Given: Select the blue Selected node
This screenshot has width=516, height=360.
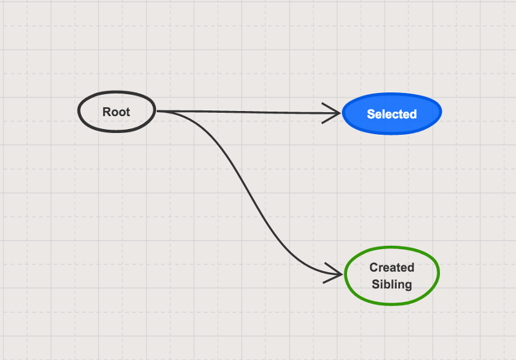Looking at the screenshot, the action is tap(392, 114).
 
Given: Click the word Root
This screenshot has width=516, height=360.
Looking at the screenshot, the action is tap(116, 112).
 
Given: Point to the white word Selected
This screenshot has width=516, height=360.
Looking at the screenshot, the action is tap(392, 114).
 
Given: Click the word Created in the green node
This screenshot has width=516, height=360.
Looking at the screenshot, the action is tap(392, 267).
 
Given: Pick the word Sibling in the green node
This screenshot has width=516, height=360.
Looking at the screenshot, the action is tap(392, 285).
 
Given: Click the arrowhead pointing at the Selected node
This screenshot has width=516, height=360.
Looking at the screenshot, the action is tap(332, 113).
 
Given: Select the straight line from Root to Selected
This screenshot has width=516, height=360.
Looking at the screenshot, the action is tap(248, 112).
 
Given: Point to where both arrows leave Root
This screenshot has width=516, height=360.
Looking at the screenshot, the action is tap(157, 111).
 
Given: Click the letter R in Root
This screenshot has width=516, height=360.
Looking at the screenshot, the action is tap(106, 112).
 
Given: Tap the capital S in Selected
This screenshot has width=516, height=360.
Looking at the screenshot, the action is tap(371, 114).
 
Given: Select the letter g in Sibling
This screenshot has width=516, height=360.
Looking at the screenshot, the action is tap(408, 286).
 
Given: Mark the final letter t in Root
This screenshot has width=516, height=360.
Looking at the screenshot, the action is tap(128, 112).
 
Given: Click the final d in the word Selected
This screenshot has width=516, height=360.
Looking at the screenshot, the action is tap(413, 114).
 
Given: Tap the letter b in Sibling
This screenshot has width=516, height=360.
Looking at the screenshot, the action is tap(386, 285).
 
